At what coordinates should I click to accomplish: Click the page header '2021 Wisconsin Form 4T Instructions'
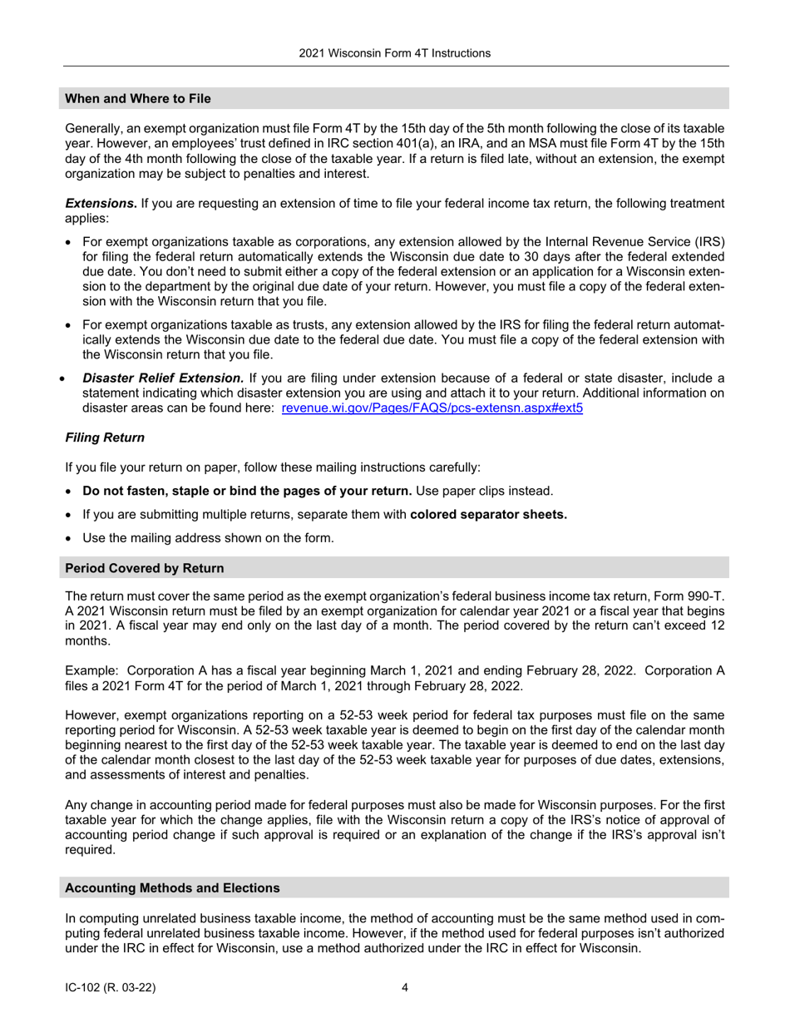[395, 53]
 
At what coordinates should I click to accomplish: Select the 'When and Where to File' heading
[138, 99]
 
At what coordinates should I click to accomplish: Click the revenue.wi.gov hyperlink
[432, 408]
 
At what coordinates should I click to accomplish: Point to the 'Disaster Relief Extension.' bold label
[163, 378]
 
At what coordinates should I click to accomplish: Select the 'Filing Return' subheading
[105, 437]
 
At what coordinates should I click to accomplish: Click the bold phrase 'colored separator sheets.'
[489, 515]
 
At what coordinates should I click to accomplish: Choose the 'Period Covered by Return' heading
[145, 569]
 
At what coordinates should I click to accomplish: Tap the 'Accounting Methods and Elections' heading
[172, 888]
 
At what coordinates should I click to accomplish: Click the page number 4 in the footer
[405, 988]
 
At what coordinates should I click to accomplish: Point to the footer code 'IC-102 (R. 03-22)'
[111, 988]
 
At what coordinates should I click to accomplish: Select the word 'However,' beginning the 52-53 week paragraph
[90, 715]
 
